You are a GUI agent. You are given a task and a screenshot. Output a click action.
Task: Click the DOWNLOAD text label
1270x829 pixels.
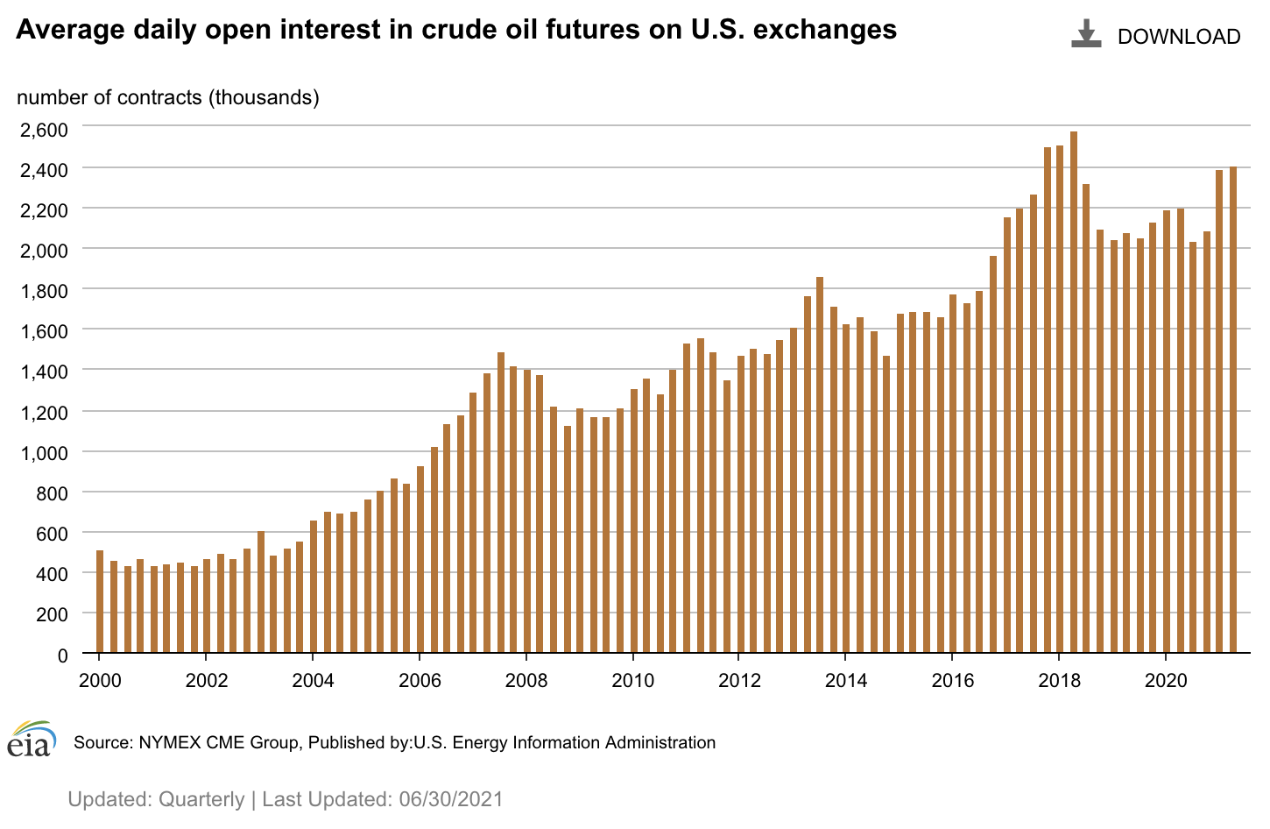(1179, 37)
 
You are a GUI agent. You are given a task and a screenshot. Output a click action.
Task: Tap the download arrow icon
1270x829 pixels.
(1086, 34)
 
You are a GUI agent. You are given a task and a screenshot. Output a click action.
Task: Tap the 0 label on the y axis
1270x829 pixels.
(62, 655)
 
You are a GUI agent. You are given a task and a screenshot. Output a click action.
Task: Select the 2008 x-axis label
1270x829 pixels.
(526, 681)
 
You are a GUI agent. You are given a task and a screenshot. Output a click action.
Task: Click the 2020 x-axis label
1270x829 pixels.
(1165, 681)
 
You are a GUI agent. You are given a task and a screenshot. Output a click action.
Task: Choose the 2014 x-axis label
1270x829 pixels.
(845, 681)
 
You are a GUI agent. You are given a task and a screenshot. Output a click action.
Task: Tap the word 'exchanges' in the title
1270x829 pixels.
(825, 30)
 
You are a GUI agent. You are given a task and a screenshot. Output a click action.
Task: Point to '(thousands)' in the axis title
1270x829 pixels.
(264, 97)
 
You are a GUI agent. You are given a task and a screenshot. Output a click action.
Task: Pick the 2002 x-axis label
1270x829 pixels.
(206, 681)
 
